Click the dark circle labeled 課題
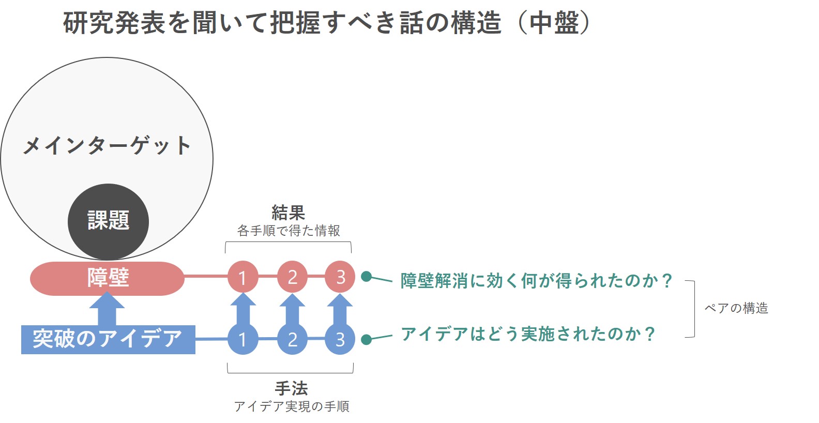click(108, 221)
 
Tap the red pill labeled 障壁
click(108, 278)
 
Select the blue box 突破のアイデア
click(108, 339)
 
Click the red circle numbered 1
click(242, 277)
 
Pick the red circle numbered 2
click(292, 277)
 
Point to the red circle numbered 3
click(340, 277)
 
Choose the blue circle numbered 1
click(242, 339)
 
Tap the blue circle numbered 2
click(292, 339)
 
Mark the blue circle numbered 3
click(340, 339)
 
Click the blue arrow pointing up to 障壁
click(107, 309)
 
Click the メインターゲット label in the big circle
click(107, 146)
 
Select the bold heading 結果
click(288, 213)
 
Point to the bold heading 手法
click(291, 388)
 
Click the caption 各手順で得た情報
click(289, 231)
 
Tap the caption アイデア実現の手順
click(292, 406)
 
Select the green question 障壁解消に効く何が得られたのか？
click(536, 281)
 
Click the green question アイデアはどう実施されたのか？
click(528, 334)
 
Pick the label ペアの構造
click(736, 308)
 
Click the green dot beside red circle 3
click(367, 277)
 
